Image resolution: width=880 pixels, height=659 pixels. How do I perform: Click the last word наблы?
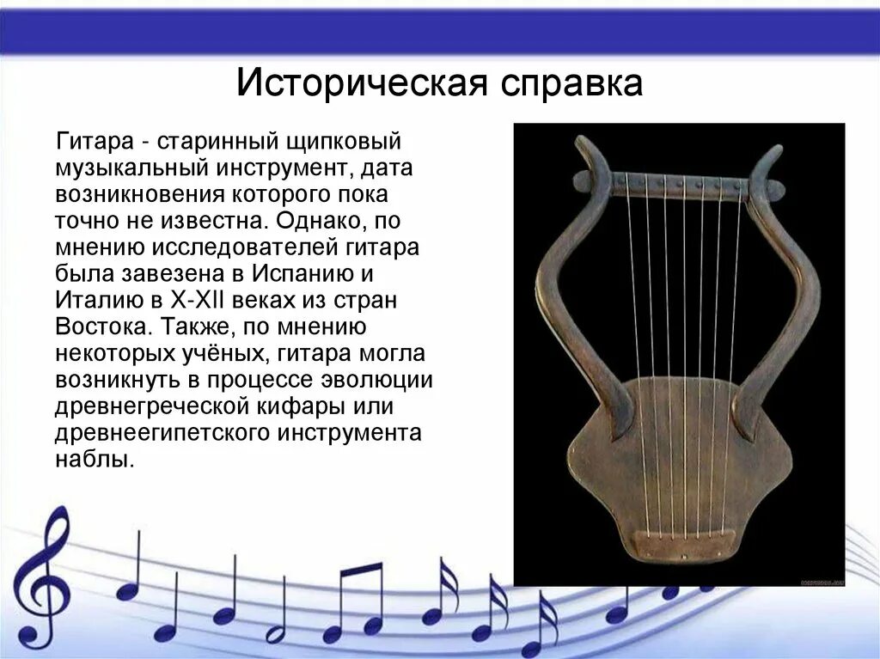tap(95, 460)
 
